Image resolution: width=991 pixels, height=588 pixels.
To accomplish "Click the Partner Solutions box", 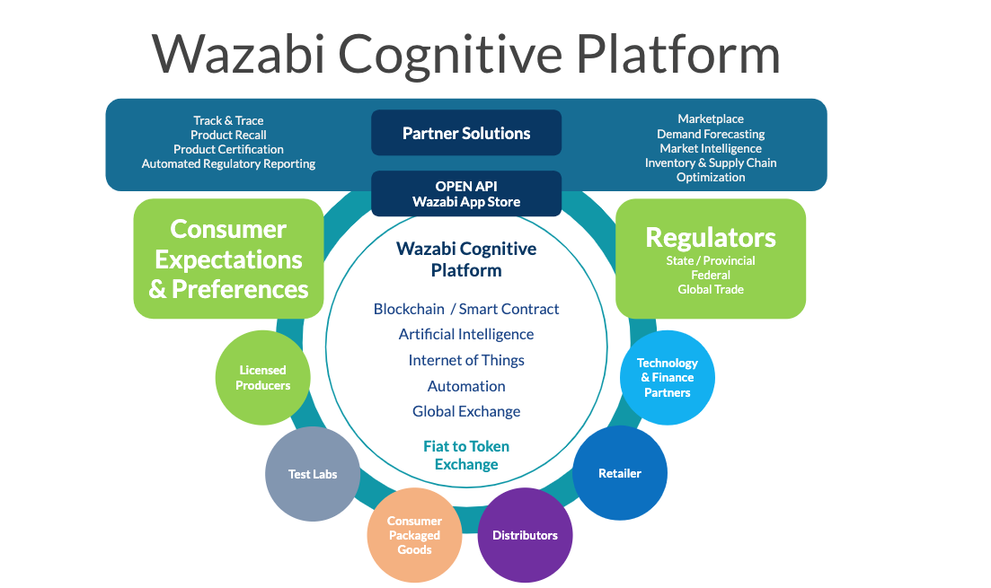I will pos(466,133).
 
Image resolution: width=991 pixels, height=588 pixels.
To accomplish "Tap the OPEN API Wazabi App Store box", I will pos(466,194).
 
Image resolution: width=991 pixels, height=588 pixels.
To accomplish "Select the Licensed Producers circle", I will pos(262,377).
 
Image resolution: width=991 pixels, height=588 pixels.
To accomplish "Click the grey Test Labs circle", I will pos(312,474).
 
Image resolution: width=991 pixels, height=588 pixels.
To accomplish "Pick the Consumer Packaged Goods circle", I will pos(414,535).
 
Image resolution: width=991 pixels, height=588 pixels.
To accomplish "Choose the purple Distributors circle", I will pos(525,535).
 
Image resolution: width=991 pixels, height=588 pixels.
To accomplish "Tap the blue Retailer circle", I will pos(620,473).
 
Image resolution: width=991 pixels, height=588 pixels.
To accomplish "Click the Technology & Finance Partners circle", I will pos(667,378).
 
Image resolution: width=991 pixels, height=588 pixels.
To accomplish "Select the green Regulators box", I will pos(710,259).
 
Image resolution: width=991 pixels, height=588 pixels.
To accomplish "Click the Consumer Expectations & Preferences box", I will pos(228,259).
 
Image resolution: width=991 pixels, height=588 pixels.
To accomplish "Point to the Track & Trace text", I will pos(228,120).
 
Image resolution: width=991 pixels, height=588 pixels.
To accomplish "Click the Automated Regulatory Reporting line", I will pos(228,163).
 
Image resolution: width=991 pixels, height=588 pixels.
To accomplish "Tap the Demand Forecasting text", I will pos(710,134).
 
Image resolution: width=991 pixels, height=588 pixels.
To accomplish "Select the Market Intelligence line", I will pos(710,148).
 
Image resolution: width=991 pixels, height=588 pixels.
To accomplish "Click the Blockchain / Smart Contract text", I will pos(466,309).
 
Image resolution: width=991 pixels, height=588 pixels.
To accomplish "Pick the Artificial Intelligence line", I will pos(466,334).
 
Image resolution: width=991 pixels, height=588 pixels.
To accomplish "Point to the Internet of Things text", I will pos(466,360).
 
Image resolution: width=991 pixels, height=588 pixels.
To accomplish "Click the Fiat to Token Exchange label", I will pos(466,455).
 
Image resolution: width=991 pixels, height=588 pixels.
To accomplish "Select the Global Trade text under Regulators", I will pos(710,289).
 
